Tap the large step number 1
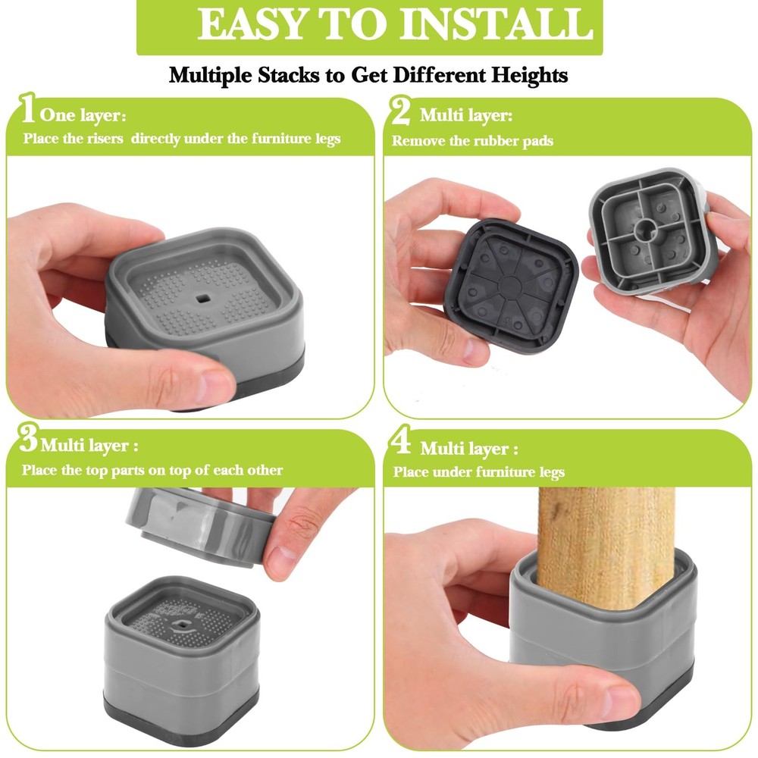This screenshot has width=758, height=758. point(27,108)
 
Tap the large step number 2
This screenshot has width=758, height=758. point(400,111)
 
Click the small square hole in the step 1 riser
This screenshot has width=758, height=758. point(202,299)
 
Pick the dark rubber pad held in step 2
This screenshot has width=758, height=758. point(511,286)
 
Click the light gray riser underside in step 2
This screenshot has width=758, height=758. point(650,231)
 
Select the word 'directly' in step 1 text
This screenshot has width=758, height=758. point(155,139)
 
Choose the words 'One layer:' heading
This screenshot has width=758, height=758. point(83,115)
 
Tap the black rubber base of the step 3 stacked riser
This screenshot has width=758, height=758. point(181,719)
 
